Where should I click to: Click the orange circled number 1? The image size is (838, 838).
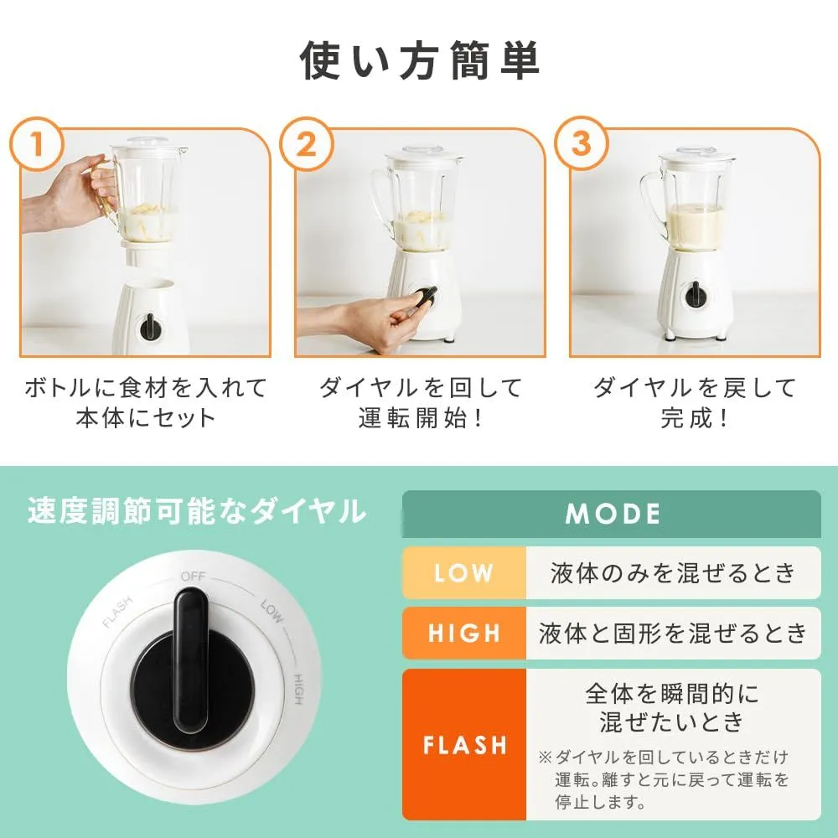[x=36, y=144]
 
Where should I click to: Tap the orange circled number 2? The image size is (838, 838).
[x=306, y=144]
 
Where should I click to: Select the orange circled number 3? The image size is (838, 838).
[x=581, y=144]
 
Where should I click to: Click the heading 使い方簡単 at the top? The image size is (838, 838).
[x=420, y=60]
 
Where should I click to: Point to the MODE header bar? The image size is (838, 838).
[x=612, y=514]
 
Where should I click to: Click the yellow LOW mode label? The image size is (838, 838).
[x=464, y=573]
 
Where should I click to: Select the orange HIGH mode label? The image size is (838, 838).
[x=464, y=633]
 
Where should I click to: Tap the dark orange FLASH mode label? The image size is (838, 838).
[x=464, y=744]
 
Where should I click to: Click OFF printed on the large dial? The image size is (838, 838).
[x=193, y=577]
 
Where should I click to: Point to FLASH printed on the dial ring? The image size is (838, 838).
[x=117, y=613]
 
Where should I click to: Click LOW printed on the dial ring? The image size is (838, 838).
[x=272, y=612]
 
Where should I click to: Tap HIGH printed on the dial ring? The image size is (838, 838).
[x=298, y=689]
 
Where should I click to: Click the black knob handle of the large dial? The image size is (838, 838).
[x=191, y=660]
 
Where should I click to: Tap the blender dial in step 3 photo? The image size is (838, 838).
[x=696, y=294]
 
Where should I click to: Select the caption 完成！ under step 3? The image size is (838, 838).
[x=694, y=418]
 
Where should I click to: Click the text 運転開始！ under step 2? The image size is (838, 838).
[x=420, y=418]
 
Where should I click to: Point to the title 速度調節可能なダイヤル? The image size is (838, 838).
[x=197, y=511]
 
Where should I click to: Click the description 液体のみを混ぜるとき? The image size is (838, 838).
[x=674, y=573]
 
